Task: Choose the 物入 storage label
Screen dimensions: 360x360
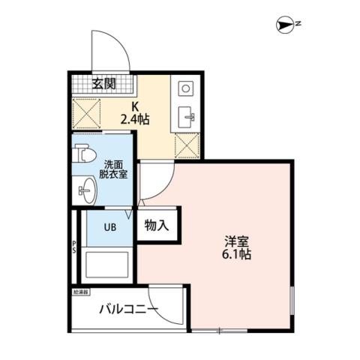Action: click(x=157, y=225)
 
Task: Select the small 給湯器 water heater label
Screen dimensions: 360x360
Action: click(x=81, y=290)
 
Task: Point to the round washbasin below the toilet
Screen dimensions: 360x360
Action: click(x=84, y=192)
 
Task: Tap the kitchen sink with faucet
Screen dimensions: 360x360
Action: click(x=186, y=116)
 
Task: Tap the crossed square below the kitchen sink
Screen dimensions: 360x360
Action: click(x=186, y=144)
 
